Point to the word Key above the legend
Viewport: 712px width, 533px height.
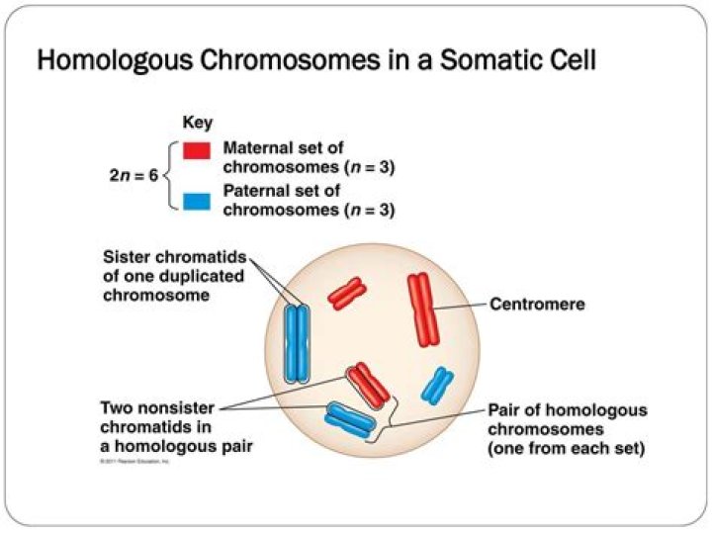tap(198, 124)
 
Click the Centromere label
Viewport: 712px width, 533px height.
tap(537, 305)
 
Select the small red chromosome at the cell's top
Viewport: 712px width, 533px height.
tap(347, 293)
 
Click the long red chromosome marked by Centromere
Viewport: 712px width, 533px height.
tap(423, 310)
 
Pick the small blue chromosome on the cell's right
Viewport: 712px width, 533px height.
tap(435, 386)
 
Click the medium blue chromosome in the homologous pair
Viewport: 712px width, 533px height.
tap(350, 420)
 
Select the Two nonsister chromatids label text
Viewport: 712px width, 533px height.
tap(164, 426)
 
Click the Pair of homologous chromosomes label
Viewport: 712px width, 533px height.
tap(567, 427)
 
